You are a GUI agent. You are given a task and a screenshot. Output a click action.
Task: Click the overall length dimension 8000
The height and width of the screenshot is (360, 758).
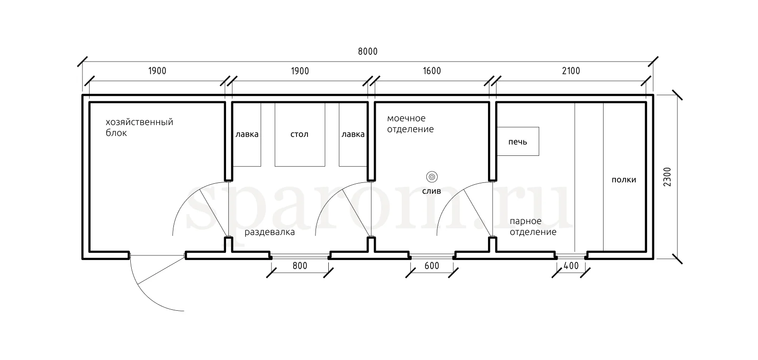tap(368, 52)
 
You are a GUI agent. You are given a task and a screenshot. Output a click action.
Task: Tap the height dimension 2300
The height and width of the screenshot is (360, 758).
tap(667, 177)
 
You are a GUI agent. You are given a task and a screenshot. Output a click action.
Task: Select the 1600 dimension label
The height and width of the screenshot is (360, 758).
tap(432, 71)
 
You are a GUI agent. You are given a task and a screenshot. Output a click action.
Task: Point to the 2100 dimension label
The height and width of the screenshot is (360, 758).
tap(571, 71)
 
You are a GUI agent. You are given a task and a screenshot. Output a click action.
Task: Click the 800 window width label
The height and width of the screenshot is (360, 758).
tap(300, 266)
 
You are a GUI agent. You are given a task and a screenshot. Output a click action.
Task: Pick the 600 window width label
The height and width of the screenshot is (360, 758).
tap(432, 266)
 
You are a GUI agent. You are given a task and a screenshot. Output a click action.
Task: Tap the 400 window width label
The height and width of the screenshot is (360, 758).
tap(571, 266)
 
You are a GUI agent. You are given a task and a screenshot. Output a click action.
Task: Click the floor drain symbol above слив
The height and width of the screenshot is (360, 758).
tap(432, 177)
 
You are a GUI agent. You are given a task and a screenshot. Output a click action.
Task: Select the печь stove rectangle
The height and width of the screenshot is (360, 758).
tap(518, 142)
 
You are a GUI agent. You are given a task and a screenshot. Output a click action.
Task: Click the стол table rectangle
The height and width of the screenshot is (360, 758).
tap(300, 135)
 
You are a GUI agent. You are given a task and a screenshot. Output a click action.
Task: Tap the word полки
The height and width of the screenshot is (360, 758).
tap(623, 180)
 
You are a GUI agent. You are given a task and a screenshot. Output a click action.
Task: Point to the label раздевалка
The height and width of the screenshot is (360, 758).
tap(270, 233)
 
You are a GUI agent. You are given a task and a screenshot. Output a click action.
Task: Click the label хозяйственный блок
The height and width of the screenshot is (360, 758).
tap(139, 127)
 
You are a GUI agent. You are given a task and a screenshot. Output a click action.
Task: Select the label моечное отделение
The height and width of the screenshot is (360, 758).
tap(410, 124)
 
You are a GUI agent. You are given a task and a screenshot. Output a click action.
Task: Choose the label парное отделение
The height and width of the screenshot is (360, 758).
tap(533, 226)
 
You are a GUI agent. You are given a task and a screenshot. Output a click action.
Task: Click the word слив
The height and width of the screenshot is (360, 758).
tap(432, 191)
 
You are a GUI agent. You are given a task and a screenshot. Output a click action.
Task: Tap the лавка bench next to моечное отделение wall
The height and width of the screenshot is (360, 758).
tap(353, 135)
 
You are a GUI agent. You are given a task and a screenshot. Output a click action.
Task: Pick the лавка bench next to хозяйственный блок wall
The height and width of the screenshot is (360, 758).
tap(247, 135)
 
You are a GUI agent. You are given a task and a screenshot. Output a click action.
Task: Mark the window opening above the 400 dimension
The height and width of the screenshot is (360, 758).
tap(571, 256)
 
